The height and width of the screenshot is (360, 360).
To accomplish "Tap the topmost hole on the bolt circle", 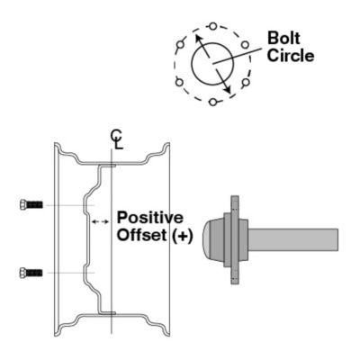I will point(211,26).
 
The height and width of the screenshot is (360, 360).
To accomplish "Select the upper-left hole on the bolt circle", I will point(180,43).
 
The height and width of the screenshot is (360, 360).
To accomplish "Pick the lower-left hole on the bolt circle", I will point(180,83).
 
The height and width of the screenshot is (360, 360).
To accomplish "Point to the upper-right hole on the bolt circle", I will point(244,44).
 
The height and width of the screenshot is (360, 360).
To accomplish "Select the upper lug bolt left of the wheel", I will point(31,205).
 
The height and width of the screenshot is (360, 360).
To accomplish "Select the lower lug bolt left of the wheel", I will point(31,272).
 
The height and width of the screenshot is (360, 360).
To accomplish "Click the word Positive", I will point(149,219).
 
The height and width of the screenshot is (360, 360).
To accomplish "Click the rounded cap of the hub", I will point(214,238).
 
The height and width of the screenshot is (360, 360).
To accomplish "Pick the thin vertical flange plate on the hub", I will point(233,238).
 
